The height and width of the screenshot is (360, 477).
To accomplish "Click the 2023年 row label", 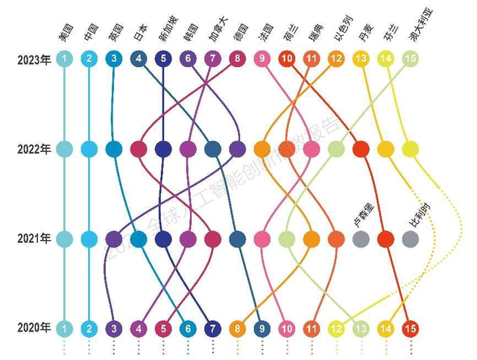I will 34,59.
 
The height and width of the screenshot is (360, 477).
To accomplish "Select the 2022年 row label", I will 34,149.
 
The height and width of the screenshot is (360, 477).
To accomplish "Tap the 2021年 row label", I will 34,239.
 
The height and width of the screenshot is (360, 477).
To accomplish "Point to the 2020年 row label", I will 34,327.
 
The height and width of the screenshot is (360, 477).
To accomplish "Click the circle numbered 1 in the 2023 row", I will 65,59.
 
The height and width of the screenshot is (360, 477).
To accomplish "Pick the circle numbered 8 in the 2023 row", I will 237,59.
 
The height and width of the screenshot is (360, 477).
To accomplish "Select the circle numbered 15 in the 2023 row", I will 409,59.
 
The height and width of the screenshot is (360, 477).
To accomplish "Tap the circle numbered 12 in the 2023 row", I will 335,59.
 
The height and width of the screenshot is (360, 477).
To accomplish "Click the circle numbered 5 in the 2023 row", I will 163,59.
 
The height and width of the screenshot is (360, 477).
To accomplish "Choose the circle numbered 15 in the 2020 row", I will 409,327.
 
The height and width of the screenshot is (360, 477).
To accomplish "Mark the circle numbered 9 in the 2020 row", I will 262,327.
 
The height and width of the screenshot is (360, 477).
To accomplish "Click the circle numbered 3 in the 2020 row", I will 114,327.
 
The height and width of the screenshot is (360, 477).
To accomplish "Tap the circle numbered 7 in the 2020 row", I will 212,327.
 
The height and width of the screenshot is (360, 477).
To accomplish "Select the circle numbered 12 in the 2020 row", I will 335,327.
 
